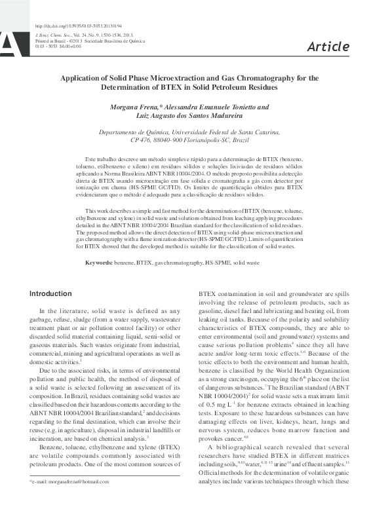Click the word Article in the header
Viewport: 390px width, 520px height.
[328, 46]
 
